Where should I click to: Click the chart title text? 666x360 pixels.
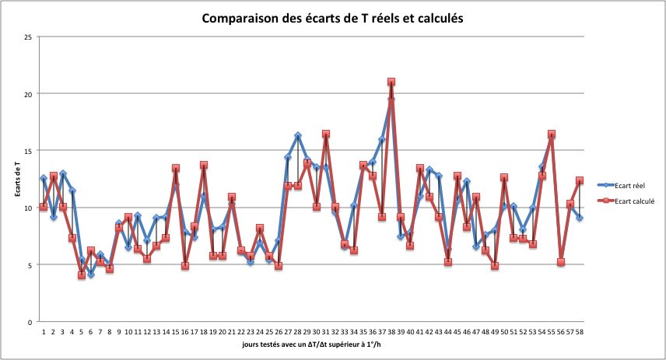332,18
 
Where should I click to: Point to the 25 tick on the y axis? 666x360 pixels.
28,37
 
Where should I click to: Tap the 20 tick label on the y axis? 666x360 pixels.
28,94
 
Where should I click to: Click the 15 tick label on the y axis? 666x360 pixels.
28,151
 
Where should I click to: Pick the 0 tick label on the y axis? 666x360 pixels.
30,322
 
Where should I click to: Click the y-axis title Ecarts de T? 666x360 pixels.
17,179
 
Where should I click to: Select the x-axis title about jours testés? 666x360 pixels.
311,344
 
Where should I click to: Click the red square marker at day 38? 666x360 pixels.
391,82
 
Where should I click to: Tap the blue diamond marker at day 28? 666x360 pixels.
298,135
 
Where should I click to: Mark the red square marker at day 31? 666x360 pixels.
326,135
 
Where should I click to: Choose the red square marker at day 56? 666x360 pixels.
561,262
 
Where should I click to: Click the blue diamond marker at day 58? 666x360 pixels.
580,218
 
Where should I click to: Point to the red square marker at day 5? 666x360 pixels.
82,275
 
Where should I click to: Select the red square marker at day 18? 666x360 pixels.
204,165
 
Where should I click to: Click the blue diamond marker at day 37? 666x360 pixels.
382,139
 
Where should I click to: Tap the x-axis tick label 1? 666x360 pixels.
44,332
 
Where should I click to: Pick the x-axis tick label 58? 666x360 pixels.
580,332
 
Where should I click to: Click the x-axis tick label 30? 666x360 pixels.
317,332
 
